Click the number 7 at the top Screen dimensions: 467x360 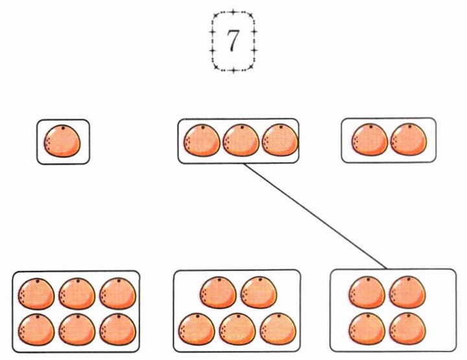click(233, 41)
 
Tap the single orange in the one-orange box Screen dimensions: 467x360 click(62, 141)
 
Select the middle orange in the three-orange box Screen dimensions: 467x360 click(241, 140)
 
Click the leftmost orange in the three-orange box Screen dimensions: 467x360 click(202, 140)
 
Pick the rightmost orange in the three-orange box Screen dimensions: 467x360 click(280, 140)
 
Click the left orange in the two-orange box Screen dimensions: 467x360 click(370, 139)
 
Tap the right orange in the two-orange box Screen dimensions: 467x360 click(409, 139)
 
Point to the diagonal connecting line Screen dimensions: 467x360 click(315, 216)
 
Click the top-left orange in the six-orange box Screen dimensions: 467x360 click(36, 294)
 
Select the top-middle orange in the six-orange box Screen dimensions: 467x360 click(77, 294)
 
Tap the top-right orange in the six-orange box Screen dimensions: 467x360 click(117, 294)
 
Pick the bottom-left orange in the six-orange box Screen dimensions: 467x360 click(36, 330)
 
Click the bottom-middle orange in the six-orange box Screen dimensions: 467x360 click(77, 330)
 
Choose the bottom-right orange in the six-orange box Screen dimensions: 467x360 click(117, 330)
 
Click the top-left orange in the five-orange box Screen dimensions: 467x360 click(218, 293)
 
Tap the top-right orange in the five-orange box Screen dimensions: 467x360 click(259, 293)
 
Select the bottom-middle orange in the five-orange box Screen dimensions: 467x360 click(237, 329)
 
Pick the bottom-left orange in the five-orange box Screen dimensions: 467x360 click(197, 329)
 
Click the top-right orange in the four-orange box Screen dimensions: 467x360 click(407, 292)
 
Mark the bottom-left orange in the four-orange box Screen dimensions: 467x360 click(367, 328)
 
